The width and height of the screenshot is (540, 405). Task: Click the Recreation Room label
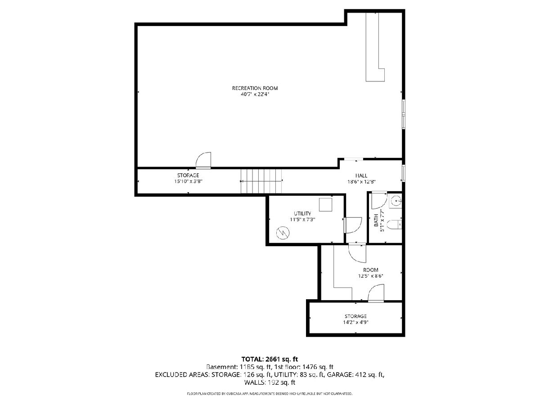pyautogui.click(x=255, y=88)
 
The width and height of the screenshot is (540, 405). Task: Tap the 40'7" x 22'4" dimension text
pyautogui.click(x=255, y=94)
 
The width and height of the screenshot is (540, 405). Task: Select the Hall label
pyautogui.click(x=361, y=175)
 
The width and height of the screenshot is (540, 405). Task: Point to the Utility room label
pyautogui.click(x=302, y=213)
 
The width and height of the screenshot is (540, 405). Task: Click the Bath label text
pyautogui.click(x=376, y=220)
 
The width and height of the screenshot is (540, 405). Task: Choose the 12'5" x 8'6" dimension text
pyautogui.click(x=370, y=276)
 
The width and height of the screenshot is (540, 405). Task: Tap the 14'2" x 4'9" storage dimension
pyautogui.click(x=355, y=322)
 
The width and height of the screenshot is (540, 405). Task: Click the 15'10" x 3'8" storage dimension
pyautogui.click(x=188, y=181)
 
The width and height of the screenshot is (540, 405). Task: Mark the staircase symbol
pyautogui.click(x=261, y=181)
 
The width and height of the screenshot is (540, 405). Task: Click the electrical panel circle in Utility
pyautogui.click(x=283, y=233)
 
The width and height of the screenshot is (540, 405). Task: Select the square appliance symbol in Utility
pyautogui.click(x=325, y=205)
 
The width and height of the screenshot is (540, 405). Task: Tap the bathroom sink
pyautogui.click(x=396, y=202)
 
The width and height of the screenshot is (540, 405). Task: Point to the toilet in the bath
pyautogui.click(x=394, y=225)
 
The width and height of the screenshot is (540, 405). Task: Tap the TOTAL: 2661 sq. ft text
pyautogui.click(x=270, y=359)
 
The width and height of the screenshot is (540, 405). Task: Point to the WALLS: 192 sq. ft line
pyautogui.click(x=270, y=382)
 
